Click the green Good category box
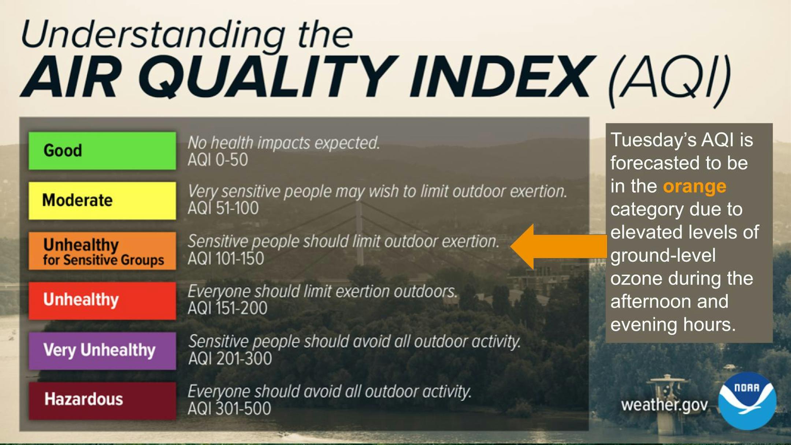(x=102, y=151)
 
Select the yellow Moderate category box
(x=102, y=201)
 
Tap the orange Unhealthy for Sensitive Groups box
(x=102, y=251)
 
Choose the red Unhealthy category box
(x=102, y=301)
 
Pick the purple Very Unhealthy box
(x=102, y=351)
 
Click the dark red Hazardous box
(x=102, y=401)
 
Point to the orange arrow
(x=558, y=246)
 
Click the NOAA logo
(x=747, y=401)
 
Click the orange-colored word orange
(x=695, y=187)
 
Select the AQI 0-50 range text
(x=218, y=160)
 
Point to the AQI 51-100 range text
(x=223, y=208)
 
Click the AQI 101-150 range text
(x=226, y=259)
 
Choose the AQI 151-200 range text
(x=227, y=308)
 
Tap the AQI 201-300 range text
(x=230, y=358)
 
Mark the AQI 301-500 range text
(x=230, y=408)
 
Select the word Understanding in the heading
(x=153, y=35)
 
